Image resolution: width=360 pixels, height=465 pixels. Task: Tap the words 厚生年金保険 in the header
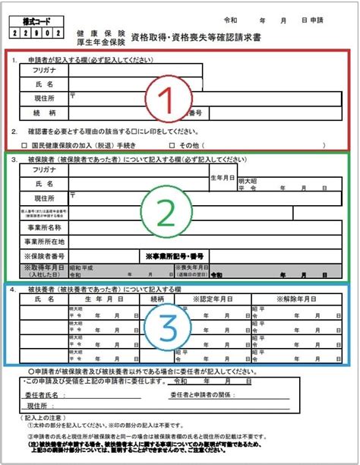(x=100, y=43)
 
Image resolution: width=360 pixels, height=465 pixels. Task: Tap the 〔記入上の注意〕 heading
(x=38, y=419)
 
